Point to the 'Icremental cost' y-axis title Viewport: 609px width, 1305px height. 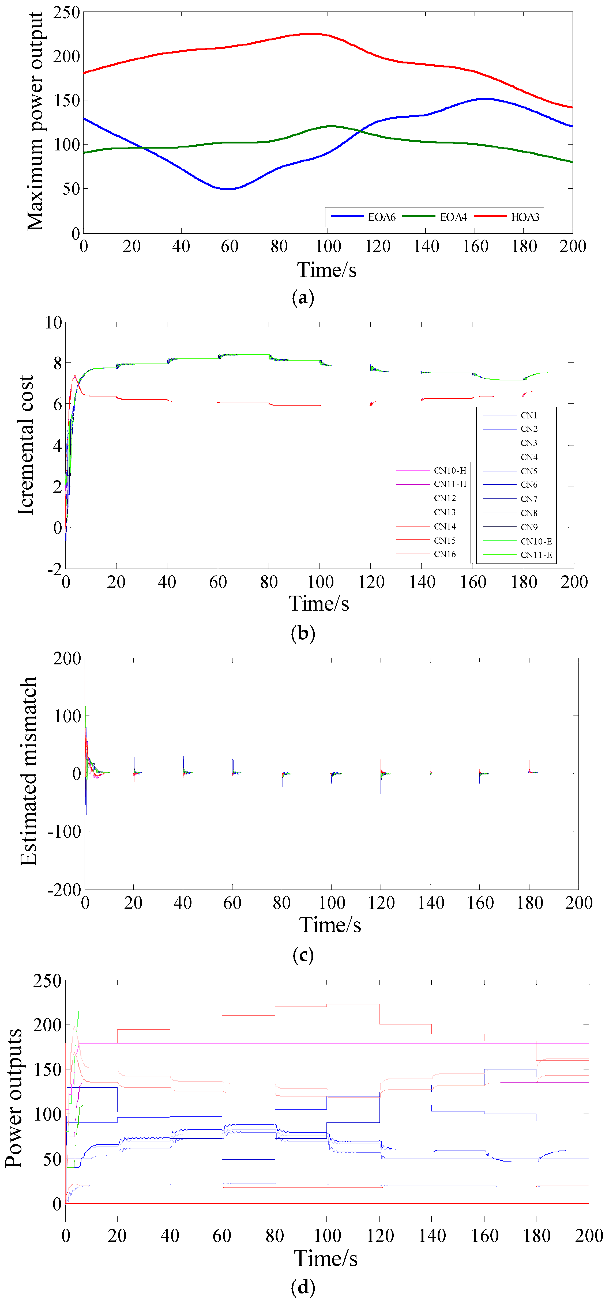pos(25,445)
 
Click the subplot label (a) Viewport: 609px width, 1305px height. pos(303,297)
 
